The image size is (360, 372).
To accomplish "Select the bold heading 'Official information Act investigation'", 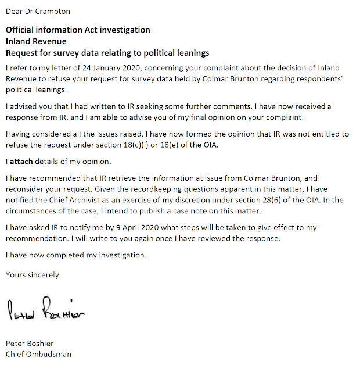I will click(x=78, y=30).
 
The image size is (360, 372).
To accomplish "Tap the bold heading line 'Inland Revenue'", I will click(x=36, y=41).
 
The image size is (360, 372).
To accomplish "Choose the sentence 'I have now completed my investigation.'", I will click(x=76, y=255).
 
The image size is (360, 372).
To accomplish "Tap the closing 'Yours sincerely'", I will click(x=33, y=274).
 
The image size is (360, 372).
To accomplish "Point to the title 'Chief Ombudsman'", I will click(x=38, y=353).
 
